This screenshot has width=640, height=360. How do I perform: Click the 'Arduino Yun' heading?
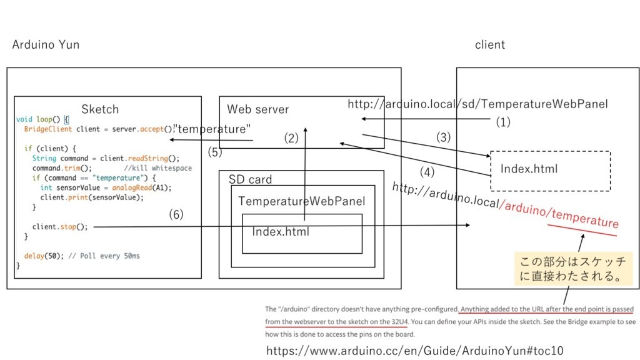pos(46,45)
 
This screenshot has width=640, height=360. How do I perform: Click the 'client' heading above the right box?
pos(490,45)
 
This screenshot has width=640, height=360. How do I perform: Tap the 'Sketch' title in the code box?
pos(100,109)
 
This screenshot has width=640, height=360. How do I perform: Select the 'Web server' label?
pos(257,109)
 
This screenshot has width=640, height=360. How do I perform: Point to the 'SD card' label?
pos(250,180)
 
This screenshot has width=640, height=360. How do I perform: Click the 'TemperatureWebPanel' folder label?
pos(301,201)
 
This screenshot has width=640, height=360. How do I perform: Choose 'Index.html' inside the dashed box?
pos(529,169)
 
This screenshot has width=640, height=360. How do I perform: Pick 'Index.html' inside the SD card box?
pos(281,232)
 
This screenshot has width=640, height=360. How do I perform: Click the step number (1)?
pos(503,122)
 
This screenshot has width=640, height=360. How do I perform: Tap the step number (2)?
pos(291,139)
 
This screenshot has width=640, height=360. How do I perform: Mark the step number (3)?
pos(443,137)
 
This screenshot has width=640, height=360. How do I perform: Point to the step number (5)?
pos(215,151)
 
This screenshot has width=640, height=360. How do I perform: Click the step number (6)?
pos(176,215)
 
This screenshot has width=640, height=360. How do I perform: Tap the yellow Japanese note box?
pos(572,269)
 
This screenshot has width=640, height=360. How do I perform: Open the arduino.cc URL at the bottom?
pos(415,351)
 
